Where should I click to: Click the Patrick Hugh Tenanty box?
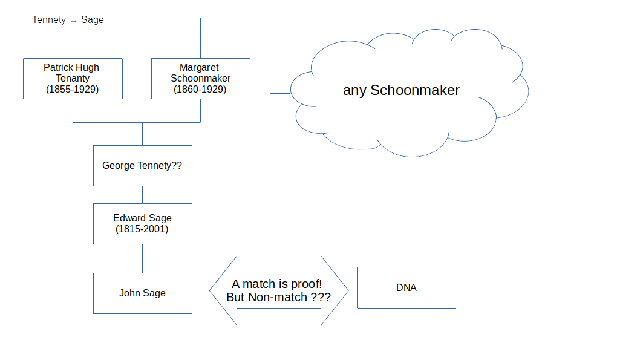pos(73,78)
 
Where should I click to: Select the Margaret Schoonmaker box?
pos(200,78)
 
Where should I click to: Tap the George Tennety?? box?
pos(142,165)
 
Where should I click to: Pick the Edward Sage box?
pos(142,223)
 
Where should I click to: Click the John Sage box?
pos(142,293)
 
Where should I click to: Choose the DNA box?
pos(406,287)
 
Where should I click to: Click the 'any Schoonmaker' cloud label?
pos(401,91)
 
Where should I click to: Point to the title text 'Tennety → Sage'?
pos(68,20)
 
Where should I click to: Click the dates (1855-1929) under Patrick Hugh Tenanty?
pos(73,90)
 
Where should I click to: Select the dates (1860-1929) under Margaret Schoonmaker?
pos(200,90)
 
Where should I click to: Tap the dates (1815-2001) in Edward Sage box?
pos(142,229)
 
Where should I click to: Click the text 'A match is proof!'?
pos(277,284)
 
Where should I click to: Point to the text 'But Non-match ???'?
pos(278,298)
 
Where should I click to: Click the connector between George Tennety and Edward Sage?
pos(142,194)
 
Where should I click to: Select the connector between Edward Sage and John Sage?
pos(142,258)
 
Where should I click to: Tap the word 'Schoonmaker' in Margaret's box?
pos(200,79)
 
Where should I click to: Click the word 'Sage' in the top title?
pos(93,20)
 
